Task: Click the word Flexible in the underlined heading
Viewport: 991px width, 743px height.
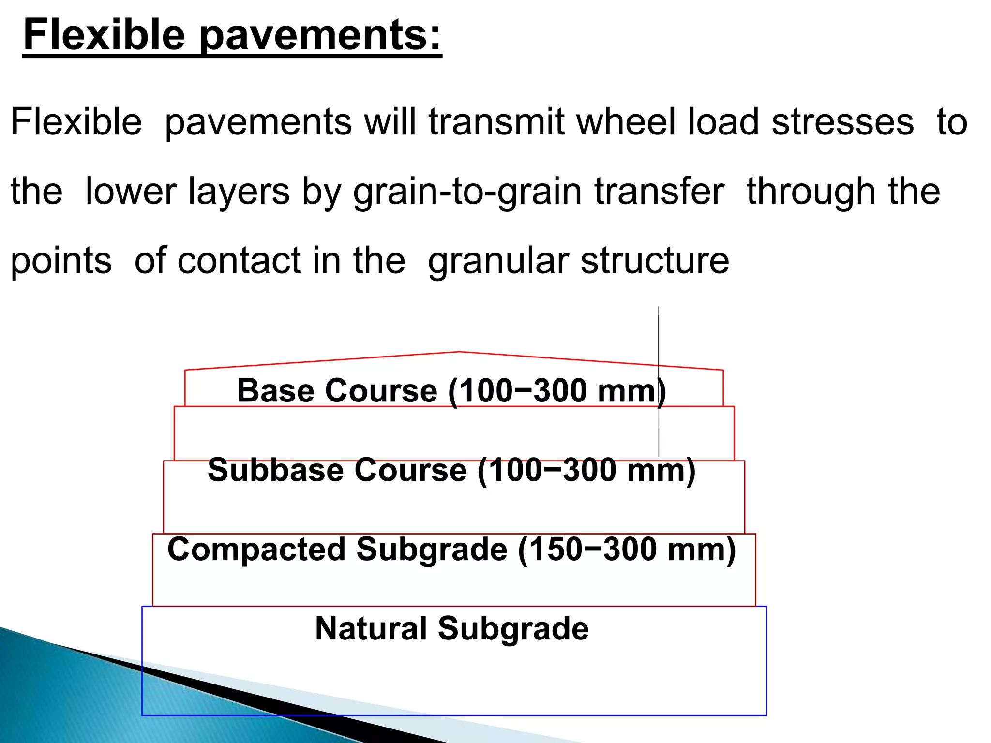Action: tap(105, 35)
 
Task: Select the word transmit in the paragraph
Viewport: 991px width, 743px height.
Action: tap(496, 121)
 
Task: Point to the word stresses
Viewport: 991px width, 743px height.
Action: tap(842, 121)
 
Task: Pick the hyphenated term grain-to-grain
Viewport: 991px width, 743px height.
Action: tap(468, 192)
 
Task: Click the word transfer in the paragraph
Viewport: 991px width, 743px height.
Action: tap(659, 191)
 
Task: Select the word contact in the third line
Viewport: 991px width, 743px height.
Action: tap(239, 261)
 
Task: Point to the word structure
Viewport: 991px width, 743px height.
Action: tap(655, 261)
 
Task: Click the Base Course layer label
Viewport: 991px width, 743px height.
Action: tap(337, 390)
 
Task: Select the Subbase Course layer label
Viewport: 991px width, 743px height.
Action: tap(337, 470)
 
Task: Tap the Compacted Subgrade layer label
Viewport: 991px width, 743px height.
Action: tap(337, 550)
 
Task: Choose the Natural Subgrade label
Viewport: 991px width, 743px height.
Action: tap(452, 628)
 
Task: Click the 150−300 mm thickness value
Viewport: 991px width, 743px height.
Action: tap(627, 550)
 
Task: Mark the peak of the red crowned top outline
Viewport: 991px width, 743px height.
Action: tap(459, 352)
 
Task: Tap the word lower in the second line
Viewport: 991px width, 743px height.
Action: tap(131, 191)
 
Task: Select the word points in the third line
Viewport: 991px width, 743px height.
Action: tap(61, 262)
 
